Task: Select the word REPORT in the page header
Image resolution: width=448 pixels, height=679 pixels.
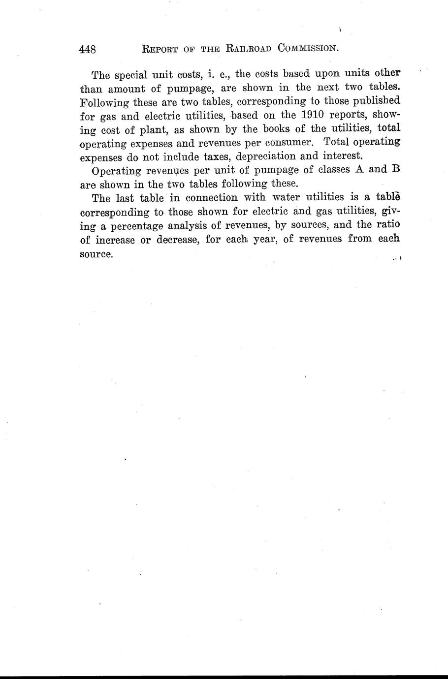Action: pos(157,49)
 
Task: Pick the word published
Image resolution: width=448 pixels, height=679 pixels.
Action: pos(374,102)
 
